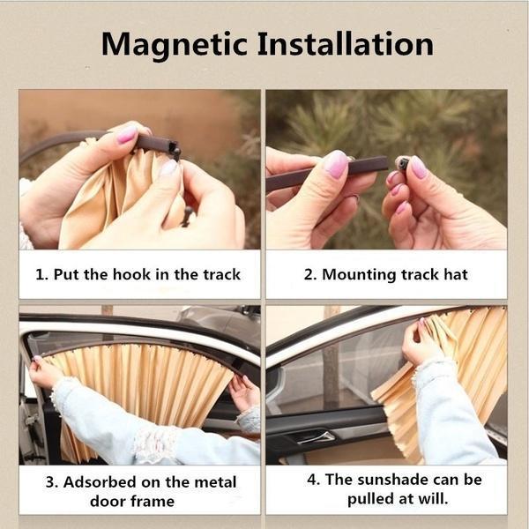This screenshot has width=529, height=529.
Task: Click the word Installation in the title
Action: (346, 44)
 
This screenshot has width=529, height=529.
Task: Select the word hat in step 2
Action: (456, 274)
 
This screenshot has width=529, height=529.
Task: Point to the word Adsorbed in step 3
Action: (100, 481)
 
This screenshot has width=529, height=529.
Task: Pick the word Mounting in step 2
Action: (359, 275)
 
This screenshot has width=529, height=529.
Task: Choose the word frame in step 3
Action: (153, 501)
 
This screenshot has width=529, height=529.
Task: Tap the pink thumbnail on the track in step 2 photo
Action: (336, 164)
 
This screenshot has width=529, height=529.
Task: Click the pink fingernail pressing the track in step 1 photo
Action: (127, 134)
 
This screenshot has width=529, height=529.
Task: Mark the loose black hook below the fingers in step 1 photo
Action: (187, 216)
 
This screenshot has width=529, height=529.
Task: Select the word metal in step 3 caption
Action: (215, 481)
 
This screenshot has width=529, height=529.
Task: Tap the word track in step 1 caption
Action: (221, 274)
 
